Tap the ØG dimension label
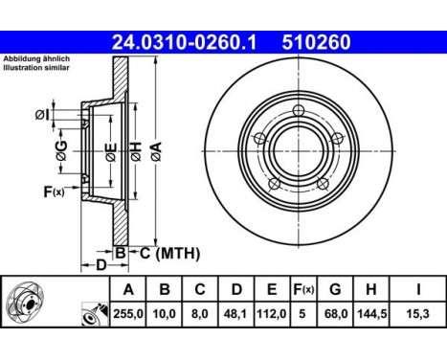coord(61,147)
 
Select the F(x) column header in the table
coord(302,288)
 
